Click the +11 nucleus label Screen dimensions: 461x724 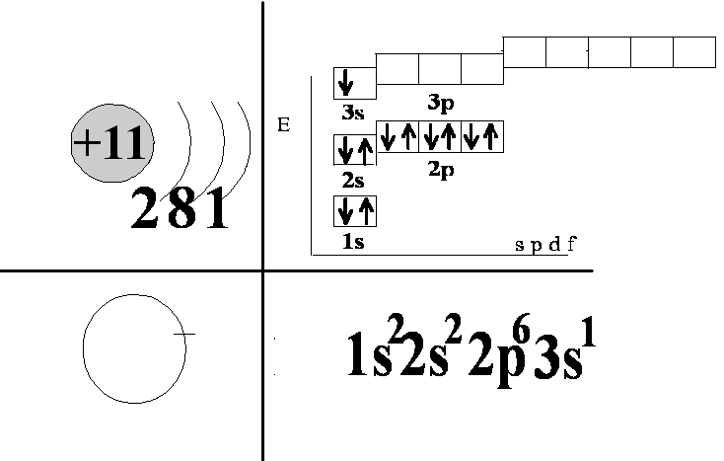click(x=110, y=146)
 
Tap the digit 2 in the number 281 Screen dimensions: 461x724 click(x=145, y=210)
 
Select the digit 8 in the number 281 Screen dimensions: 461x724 click(x=181, y=210)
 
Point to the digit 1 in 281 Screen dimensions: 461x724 click(x=215, y=210)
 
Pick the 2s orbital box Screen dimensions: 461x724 click(x=355, y=150)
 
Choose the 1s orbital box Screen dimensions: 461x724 click(x=355, y=211)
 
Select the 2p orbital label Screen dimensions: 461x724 click(x=440, y=169)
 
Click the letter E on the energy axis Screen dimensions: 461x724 click(x=284, y=125)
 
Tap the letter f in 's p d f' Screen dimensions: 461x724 click(x=572, y=245)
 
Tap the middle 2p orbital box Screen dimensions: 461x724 click(x=440, y=136)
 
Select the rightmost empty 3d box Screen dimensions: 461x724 click(x=693, y=51)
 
